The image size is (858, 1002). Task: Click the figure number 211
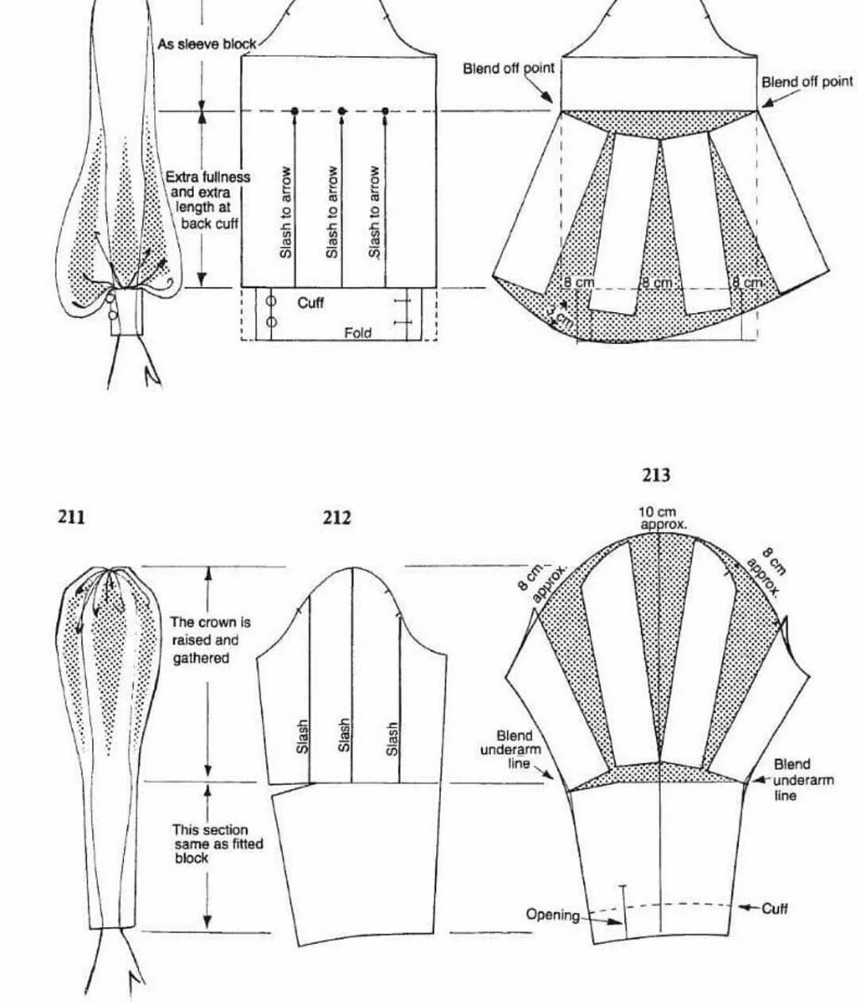(71, 517)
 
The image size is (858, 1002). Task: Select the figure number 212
(337, 517)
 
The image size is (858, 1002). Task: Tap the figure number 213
(656, 475)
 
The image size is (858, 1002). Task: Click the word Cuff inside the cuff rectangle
(311, 303)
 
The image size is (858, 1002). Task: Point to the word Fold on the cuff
(357, 333)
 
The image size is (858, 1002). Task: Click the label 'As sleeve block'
(207, 44)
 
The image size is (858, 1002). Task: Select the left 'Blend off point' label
(508, 68)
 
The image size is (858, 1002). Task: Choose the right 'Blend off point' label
(807, 82)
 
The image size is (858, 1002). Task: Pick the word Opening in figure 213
(553, 915)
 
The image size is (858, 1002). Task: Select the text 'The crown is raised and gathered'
(205, 640)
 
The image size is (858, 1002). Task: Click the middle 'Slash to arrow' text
(333, 211)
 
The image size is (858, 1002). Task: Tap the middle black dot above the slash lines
(342, 111)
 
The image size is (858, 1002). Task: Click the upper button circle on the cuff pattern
(271, 301)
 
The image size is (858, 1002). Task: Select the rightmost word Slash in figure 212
(392, 738)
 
